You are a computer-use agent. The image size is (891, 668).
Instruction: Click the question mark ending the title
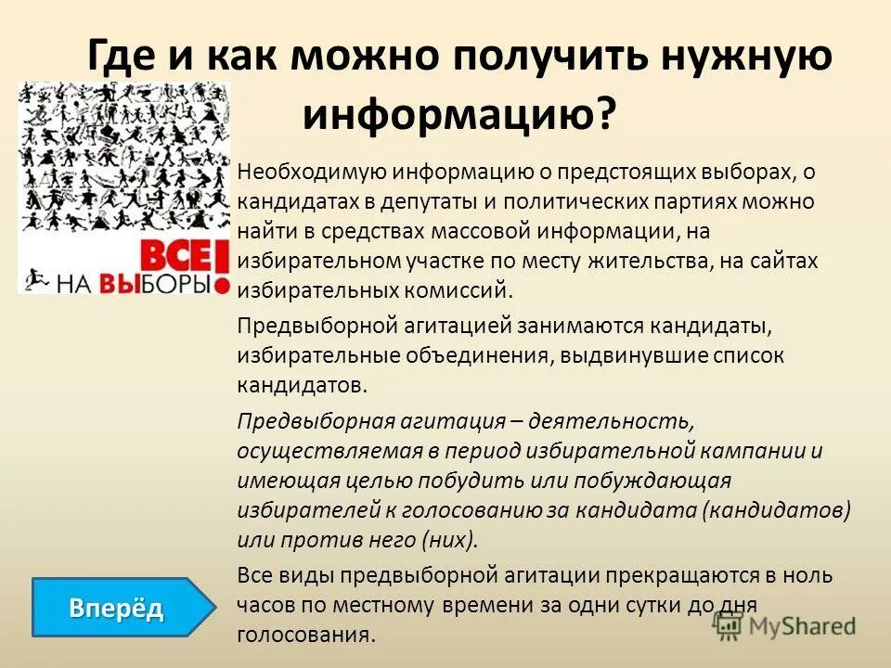tap(605, 115)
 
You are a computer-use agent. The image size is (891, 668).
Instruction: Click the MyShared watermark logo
tap(784, 626)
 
